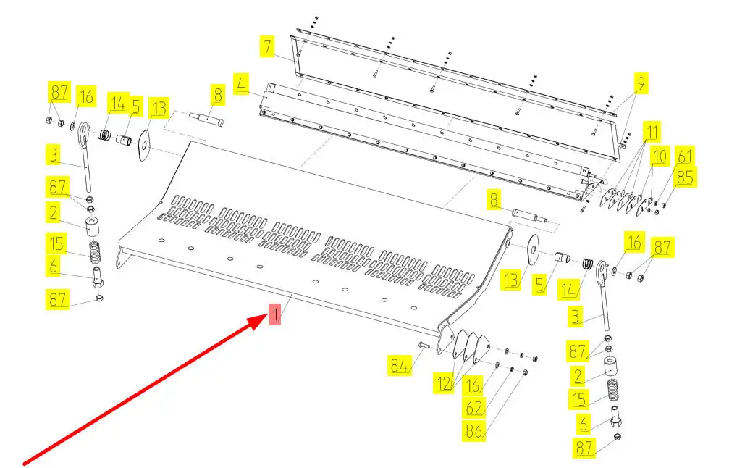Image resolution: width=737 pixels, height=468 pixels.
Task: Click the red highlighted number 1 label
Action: point(274,314)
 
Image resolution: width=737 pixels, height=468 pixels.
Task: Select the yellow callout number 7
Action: point(268,47)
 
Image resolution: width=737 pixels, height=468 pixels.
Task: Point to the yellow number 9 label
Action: point(641,84)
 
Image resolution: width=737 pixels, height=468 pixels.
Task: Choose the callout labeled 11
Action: point(653,133)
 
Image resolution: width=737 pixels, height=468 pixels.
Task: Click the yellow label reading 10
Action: point(659,156)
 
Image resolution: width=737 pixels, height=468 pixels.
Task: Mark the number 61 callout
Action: point(684,155)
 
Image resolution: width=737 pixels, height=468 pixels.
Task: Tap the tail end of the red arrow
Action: point(26,462)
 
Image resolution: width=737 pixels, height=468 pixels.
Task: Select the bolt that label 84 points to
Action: point(424,346)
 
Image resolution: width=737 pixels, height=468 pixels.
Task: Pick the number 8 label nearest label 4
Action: point(216,93)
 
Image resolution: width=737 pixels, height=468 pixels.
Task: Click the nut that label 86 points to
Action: point(525,373)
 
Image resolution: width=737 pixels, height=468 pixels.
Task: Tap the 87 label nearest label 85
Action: point(662,247)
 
